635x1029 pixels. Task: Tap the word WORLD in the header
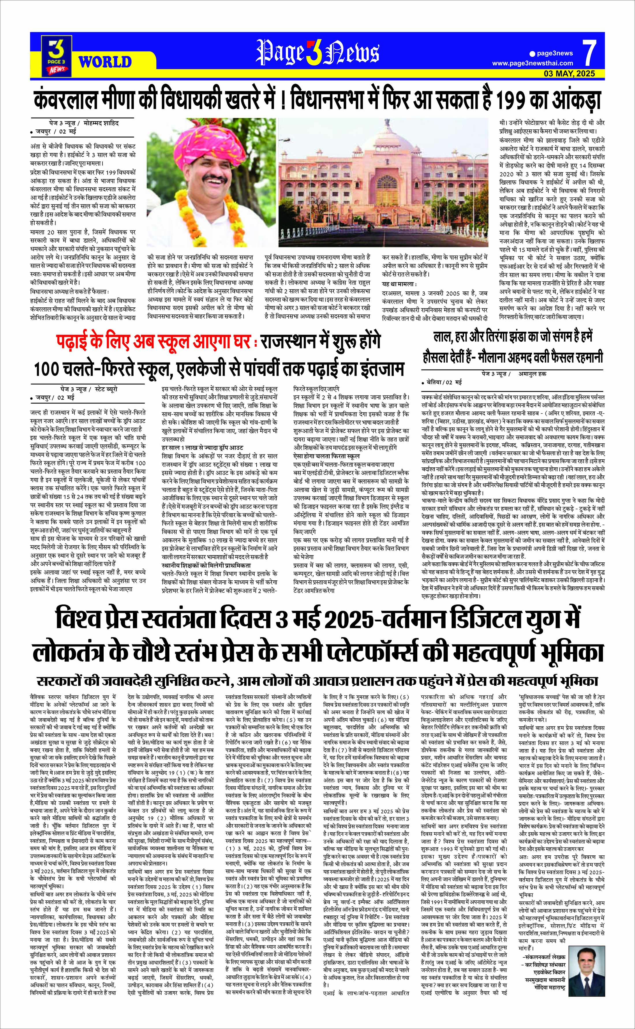point(105,62)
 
